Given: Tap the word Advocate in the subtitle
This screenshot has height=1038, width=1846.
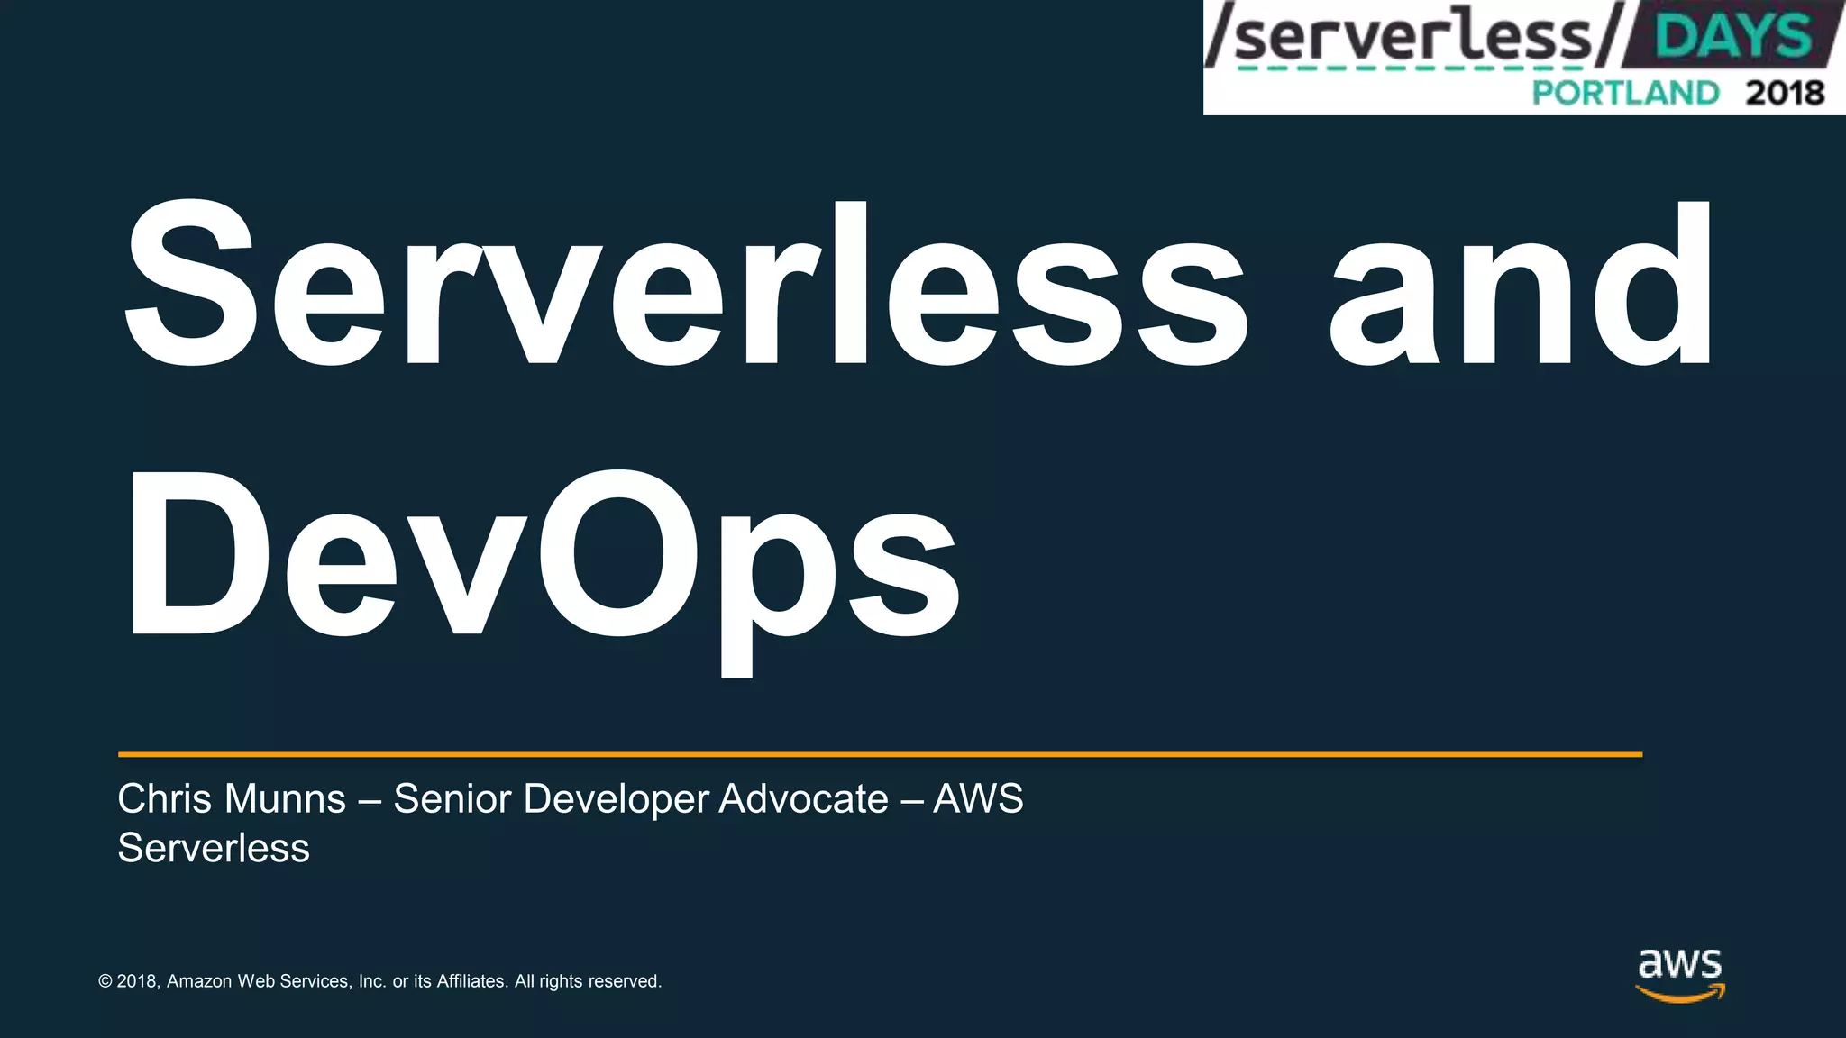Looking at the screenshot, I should tap(803, 799).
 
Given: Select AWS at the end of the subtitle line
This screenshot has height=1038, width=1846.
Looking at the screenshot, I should tap(978, 799).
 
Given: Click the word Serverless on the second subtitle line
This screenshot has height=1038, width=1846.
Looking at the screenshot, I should tap(214, 849).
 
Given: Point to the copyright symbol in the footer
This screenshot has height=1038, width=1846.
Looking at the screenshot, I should tap(105, 981).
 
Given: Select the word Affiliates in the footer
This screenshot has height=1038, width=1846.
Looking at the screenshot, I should tap(472, 981).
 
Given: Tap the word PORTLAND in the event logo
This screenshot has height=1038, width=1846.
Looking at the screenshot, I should tap(1625, 93).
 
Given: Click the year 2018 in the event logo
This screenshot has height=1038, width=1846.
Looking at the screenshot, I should tap(1785, 93).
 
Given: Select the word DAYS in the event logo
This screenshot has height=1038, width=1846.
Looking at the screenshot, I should tap(1732, 37).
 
